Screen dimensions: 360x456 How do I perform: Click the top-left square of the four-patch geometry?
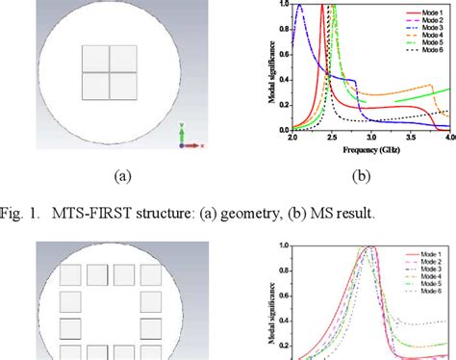coord(95,59)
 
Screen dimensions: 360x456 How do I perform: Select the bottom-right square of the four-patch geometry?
coord(122,86)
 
